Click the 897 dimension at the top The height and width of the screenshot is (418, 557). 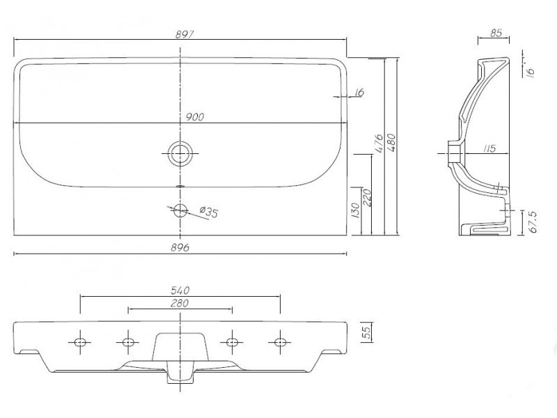click(185, 34)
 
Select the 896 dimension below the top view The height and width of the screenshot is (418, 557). click(180, 247)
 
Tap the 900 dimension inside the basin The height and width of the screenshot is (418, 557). click(195, 117)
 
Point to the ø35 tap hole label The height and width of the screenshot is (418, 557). click(208, 212)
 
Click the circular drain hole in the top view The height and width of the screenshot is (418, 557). click(180, 153)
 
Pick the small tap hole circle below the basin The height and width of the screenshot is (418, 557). click(180, 210)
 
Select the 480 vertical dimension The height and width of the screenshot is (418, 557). click(391, 143)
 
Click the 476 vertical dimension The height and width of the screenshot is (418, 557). click(379, 144)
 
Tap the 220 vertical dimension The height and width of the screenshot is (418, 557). click(367, 198)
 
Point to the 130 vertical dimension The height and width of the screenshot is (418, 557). click(355, 210)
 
